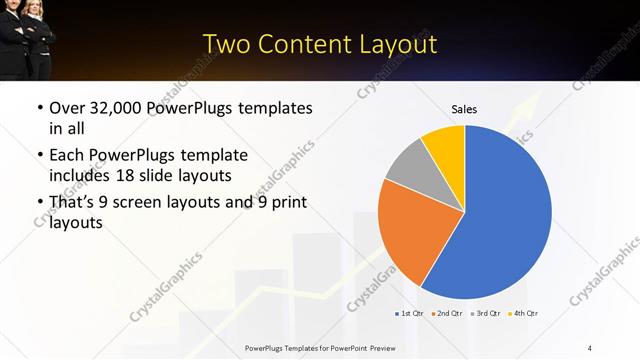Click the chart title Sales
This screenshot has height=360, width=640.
pyautogui.click(x=464, y=109)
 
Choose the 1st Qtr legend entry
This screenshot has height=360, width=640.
pyautogui.click(x=411, y=314)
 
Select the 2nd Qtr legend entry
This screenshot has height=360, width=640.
pyautogui.click(x=447, y=314)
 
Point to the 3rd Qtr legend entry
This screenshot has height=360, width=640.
pyautogui.click(x=486, y=314)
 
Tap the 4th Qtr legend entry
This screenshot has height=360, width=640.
pyautogui.click(x=523, y=314)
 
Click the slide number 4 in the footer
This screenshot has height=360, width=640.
pyautogui.click(x=591, y=347)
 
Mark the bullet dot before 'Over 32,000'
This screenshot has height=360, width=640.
pyautogui.click(x=38, y=108)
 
